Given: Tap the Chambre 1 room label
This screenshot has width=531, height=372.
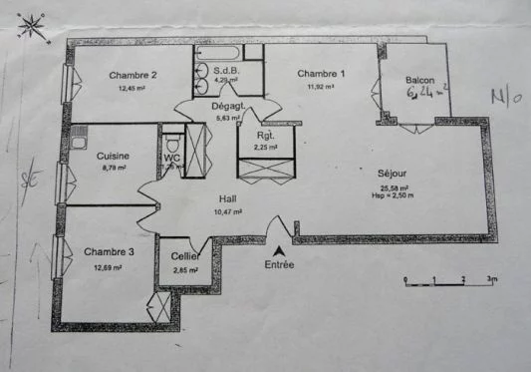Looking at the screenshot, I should (321, 74).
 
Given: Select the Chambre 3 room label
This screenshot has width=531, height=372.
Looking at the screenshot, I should (109, 252).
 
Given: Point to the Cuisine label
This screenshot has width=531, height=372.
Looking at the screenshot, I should (112, 156).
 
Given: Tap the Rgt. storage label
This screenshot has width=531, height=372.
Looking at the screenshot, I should (266, 135).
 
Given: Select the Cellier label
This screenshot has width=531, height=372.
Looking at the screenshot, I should (186, 256).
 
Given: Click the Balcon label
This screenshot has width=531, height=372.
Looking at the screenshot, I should (422, 81).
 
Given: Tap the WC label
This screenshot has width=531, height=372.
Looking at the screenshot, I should (171, 158).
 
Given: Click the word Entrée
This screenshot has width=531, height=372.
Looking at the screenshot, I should (280, 265).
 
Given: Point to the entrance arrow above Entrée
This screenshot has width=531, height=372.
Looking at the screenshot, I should (280, 248).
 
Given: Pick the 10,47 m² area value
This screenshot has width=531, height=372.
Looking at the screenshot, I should (229, 211).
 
